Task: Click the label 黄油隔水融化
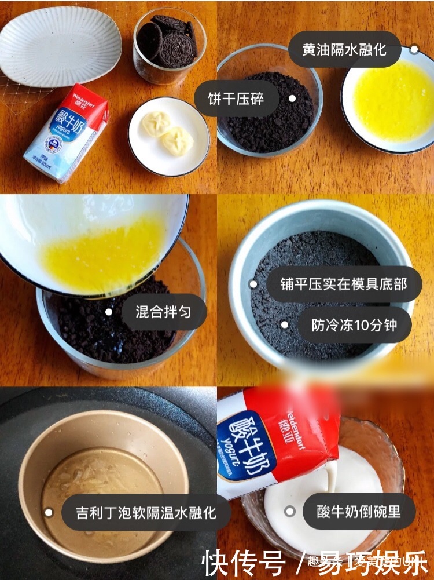click(343, 49)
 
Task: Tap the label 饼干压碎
click(236, 99)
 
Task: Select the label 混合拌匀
click(163, 312)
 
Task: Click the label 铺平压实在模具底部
click(336, 284)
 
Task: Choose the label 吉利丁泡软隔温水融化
click(145, 512)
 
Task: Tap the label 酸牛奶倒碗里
click(358, 511)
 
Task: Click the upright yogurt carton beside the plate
click(65, 133)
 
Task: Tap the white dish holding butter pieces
click(168, 136)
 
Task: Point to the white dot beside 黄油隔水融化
click(414, 49)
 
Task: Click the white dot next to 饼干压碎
click(292, 99)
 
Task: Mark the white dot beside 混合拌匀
click(108, 312)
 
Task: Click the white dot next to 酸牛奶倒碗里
click(290, 511)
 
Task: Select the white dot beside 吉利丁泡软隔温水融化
click(49, 512)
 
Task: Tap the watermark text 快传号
click(243, 562)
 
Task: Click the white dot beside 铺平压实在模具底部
click(253, 284)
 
